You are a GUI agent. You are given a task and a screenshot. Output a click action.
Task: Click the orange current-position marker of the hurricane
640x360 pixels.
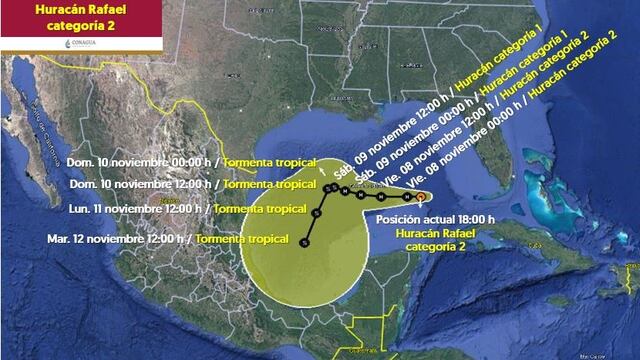click(422, 197)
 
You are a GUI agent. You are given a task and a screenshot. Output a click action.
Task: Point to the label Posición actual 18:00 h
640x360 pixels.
click(435, 217)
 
